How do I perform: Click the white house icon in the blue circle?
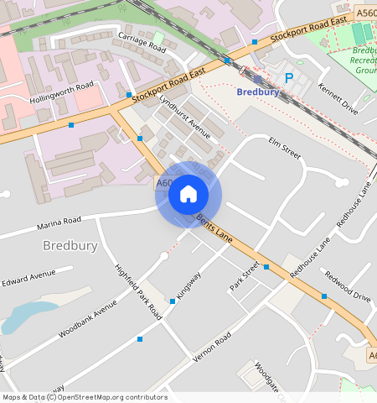188,195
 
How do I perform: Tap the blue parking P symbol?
289,78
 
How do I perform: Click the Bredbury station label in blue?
258,92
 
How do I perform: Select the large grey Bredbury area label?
70,246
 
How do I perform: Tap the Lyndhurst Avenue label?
184,115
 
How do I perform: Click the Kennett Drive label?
338,99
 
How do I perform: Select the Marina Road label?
59,222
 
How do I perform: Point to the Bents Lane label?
214,228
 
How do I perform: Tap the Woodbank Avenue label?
87,319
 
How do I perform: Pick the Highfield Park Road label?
138,290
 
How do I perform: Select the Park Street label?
245,277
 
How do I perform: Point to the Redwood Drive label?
347,286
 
